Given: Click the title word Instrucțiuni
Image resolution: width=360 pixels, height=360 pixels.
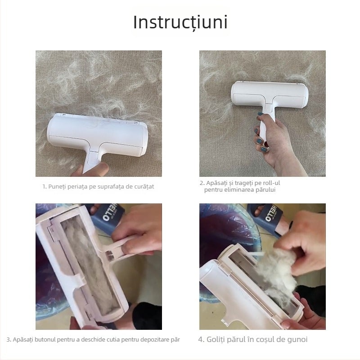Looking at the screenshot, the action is [x=180, y=22].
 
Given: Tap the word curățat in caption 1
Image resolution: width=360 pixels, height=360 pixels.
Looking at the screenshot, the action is [x=144, y=186].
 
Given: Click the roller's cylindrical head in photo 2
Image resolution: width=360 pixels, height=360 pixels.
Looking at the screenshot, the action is [x=270, y=94].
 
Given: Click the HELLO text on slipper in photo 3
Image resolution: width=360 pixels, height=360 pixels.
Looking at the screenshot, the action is [x=110, y=212].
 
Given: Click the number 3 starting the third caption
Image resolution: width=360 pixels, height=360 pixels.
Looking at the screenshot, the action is [x=8, y=340].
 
